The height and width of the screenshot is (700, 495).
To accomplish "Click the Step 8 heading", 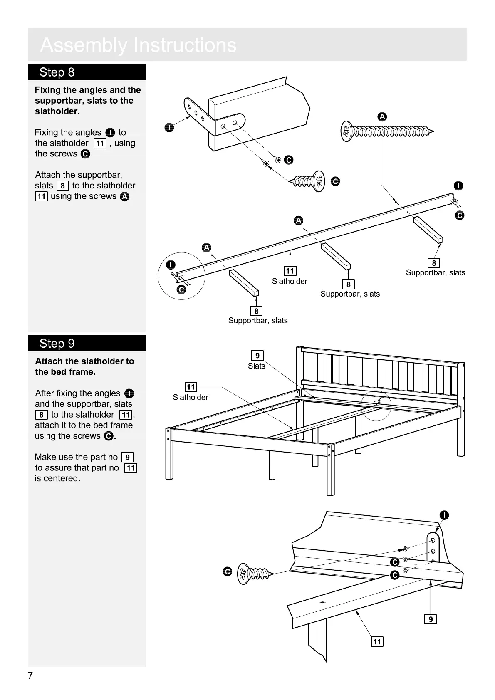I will (57, 72).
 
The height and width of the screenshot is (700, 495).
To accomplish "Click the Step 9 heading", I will (57, 344).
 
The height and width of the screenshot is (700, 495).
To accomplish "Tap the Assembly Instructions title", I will (138, 45).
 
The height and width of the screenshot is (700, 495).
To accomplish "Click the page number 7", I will (30, 675).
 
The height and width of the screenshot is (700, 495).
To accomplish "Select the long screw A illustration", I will (386, 132).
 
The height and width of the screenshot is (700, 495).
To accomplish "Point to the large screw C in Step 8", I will (309, 181).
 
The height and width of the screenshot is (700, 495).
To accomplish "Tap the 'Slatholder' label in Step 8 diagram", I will (290, 281).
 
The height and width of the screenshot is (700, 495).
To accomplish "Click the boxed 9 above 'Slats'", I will (257, 356).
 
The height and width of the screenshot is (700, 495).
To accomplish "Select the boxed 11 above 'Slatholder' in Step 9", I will (191, 387).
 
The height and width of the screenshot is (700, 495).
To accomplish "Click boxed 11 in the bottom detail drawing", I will (377, 642).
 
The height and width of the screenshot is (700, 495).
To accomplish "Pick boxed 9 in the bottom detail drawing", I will (430, 619).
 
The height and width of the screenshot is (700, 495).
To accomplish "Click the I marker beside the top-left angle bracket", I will (168, 127).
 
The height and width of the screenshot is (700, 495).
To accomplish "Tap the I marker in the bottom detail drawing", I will (445, 515).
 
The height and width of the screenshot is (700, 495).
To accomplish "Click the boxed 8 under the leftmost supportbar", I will (256, 311).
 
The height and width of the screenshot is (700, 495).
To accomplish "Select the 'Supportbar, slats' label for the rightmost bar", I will (436, 273).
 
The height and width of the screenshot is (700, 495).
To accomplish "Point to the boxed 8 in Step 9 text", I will (41, 415).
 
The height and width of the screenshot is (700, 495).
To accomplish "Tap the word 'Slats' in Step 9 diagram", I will (256, 366).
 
